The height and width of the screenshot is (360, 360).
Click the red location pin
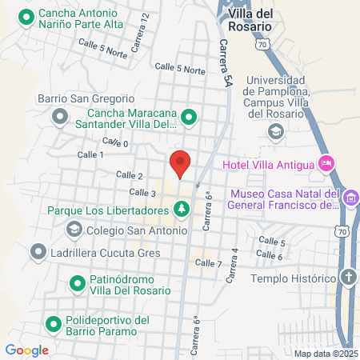[181, 163]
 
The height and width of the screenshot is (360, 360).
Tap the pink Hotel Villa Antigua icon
[326, 164]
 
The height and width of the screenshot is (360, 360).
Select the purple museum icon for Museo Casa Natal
[350, 197]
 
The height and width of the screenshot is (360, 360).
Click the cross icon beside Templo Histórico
[348, 278]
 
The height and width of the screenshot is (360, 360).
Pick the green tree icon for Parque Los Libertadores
[182, 210]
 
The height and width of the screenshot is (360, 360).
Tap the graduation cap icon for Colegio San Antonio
[74, 230]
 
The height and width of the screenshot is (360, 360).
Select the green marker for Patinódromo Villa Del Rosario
[78, 282]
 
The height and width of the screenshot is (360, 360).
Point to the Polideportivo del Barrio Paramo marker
[54, 326]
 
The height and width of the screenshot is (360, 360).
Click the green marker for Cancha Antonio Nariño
[26, 17]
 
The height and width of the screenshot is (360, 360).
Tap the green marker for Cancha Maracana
[189, 118]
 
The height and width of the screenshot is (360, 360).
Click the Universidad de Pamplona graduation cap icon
[275, 131]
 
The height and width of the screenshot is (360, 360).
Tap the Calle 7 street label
[208, 262]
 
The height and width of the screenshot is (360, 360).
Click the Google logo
[27, 350]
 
